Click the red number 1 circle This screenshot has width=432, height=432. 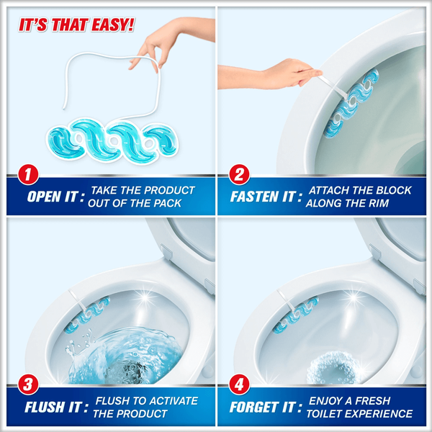(28, 175)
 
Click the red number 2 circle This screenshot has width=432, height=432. (239, 175)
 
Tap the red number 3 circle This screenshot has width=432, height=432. (28, 384)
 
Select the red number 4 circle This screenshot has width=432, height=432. (239, 384)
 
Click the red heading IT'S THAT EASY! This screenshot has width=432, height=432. (76, 24)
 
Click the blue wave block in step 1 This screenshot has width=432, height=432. (113, 141)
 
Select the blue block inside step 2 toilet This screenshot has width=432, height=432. (351, 103)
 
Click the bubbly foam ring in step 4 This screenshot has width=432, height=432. (334, 368)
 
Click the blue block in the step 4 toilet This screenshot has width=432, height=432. (295, 315)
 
